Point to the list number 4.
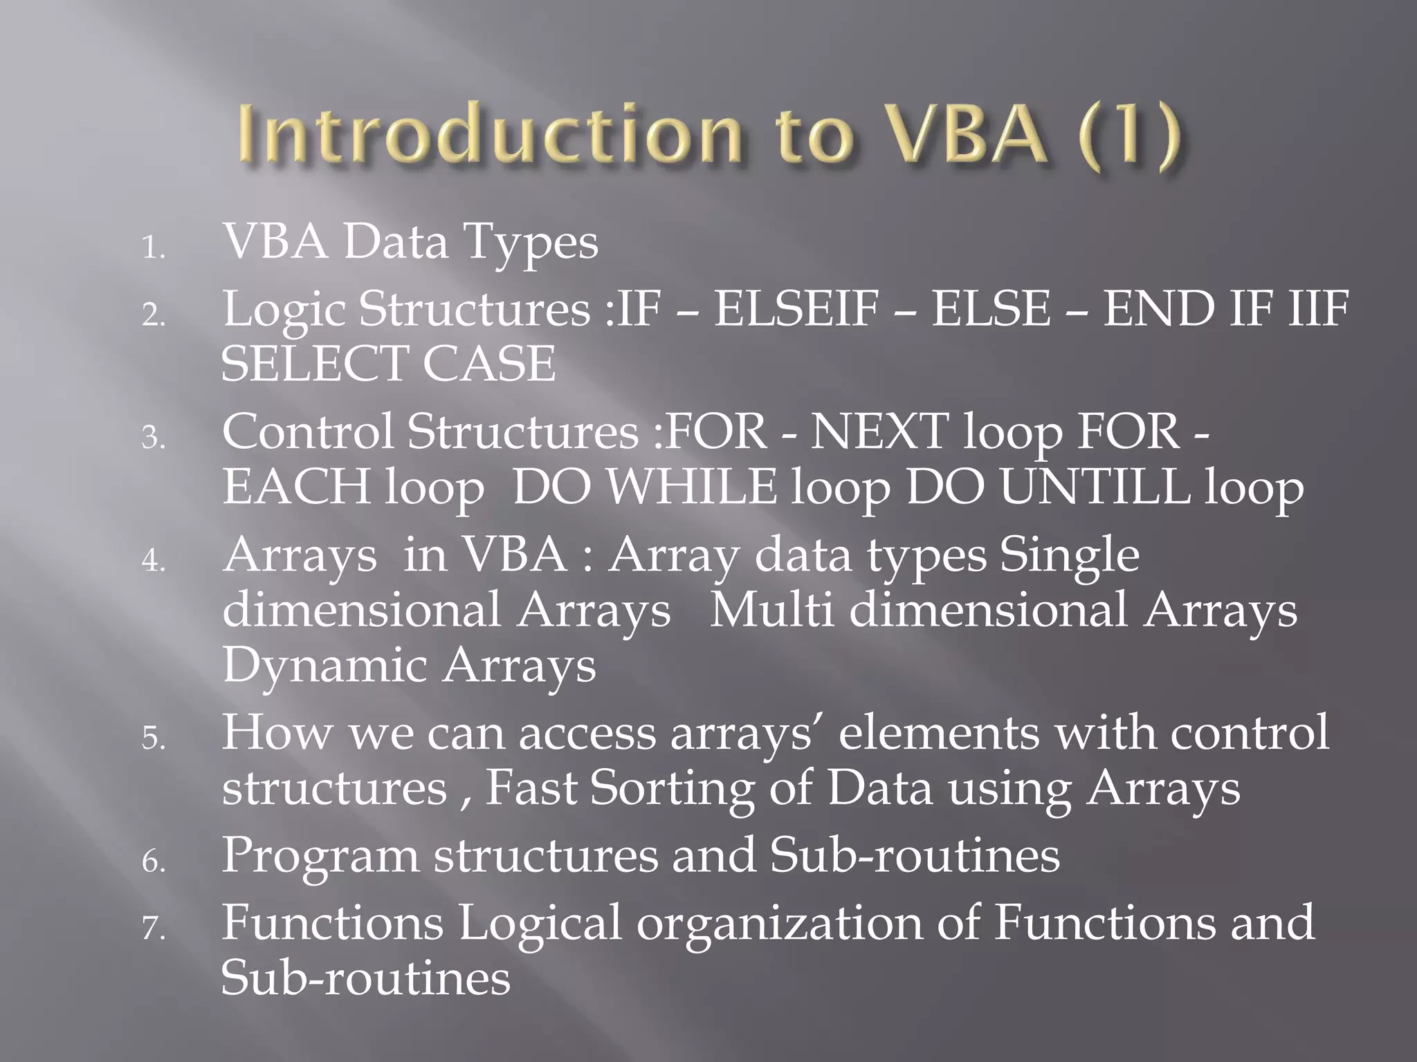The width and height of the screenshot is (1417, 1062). [x=153, y=561]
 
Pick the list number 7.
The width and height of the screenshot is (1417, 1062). [x=153, y=928]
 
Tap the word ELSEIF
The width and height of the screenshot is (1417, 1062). [x=796, y=308]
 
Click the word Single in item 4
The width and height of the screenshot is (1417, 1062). [x=1069, y=555]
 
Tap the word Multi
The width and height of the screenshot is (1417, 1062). [x=772, y=611]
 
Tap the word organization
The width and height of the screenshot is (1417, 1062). [x=779, y=923]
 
